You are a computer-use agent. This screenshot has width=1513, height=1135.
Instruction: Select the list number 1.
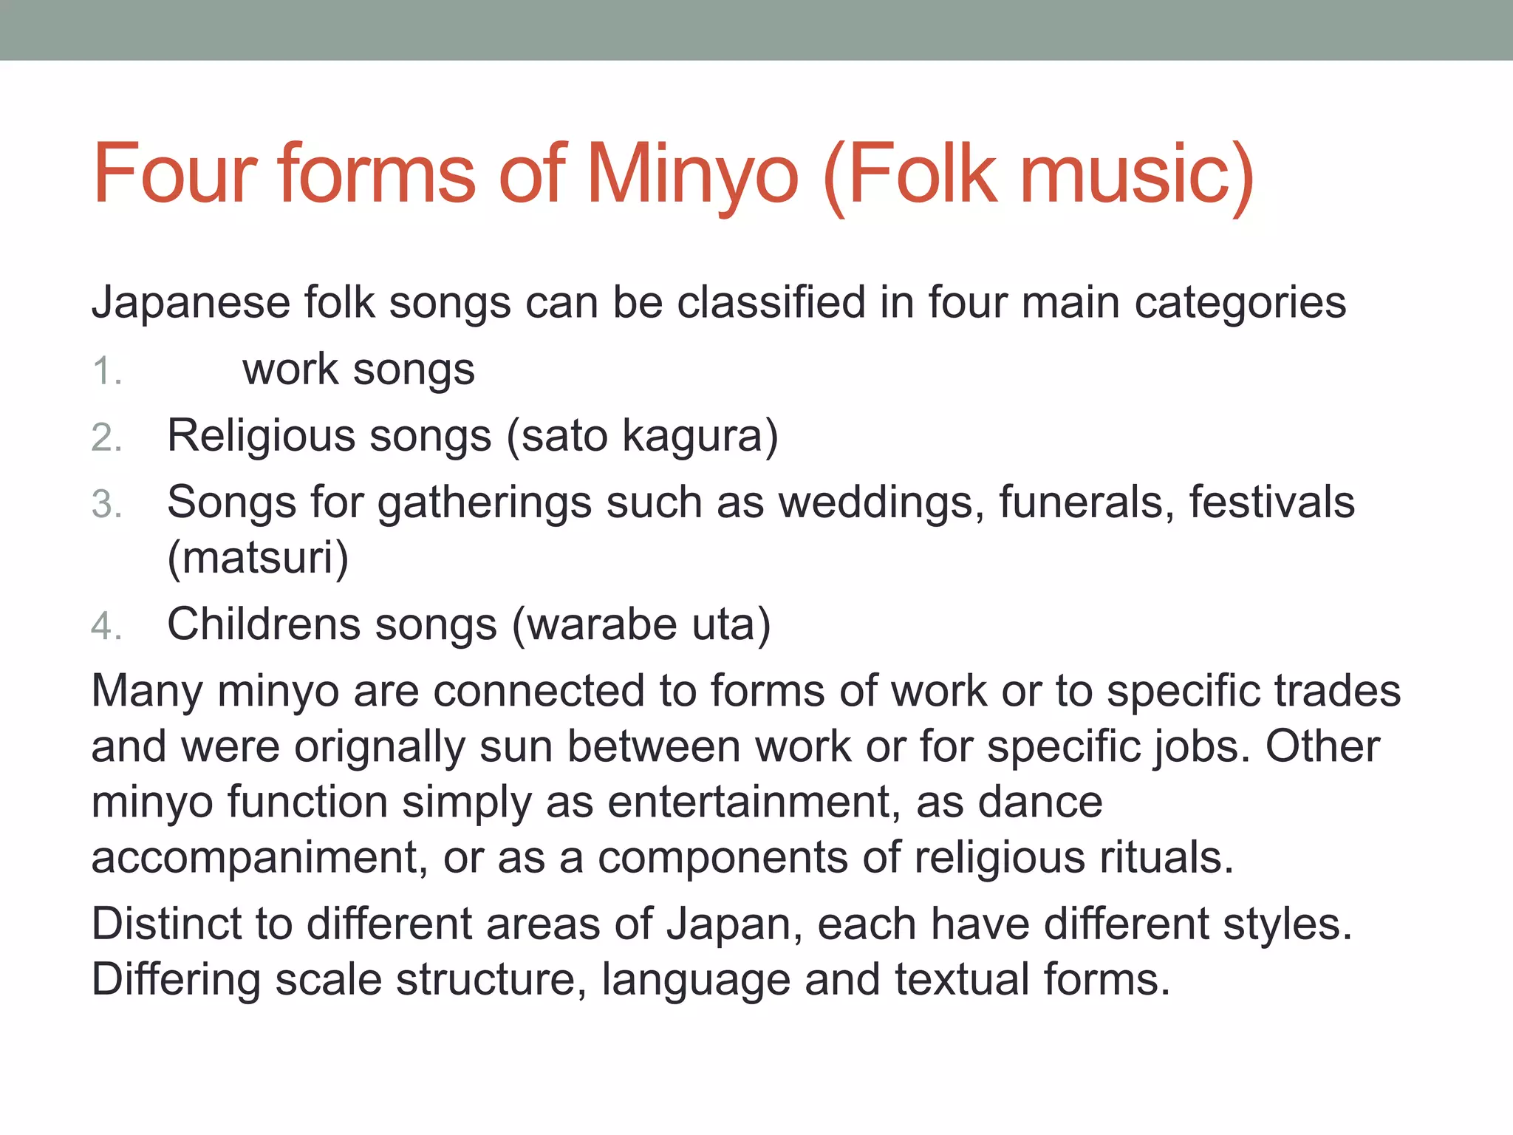[x=106, y=371]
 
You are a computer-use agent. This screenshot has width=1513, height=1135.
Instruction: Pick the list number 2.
[x=106, y=437]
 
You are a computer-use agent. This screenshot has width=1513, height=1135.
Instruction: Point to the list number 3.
[x=106, y=505]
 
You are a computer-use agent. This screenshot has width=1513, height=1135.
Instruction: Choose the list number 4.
[x=106, y=627]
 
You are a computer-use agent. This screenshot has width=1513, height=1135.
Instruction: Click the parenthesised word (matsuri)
[x=258, y=558]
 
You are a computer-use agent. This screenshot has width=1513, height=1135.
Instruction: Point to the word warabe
[x=602, y=624]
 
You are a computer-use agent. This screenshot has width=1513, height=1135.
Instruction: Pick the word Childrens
[x=264, y=624]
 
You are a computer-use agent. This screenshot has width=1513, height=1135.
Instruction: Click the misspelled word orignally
[x=380, y=747]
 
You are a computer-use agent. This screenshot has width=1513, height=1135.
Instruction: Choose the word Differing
[x=176, y=980]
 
